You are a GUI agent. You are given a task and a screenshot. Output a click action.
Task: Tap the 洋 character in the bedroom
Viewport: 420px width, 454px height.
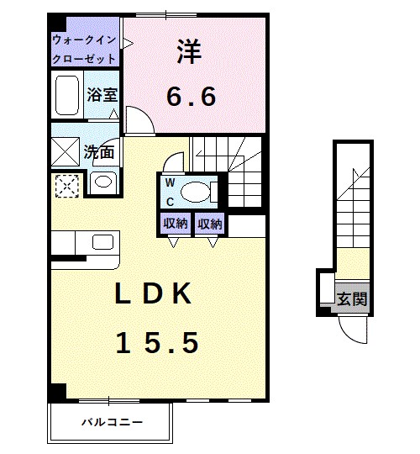(190, 52)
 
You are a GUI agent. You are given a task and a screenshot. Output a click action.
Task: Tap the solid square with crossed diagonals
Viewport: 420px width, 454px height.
(66, 153)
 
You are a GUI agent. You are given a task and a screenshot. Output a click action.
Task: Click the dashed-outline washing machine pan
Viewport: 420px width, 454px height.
(66, 185)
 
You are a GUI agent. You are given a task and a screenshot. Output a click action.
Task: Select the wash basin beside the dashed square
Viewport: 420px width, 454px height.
(102, 182)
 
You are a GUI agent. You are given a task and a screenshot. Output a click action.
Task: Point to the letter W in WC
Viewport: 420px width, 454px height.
(169, 182)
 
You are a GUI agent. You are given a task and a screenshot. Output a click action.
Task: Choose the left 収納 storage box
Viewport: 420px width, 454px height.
(175, 224)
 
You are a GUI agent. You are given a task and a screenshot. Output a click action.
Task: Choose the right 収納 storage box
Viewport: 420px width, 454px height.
(210, 224)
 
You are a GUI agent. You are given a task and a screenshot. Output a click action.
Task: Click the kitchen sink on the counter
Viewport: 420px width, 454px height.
(102, 242)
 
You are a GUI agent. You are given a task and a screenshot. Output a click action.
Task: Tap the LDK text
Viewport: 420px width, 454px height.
(155, 294)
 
